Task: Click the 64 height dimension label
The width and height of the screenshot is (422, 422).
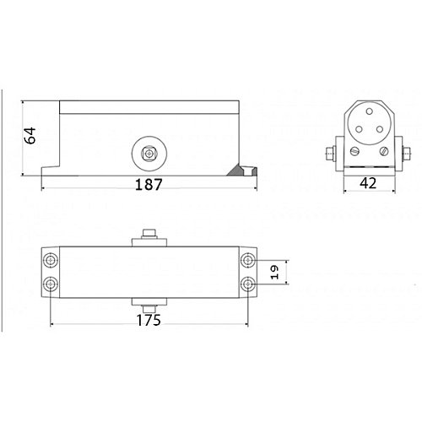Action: (x=30, y=135)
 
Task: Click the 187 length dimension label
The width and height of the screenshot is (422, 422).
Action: (x=149, y=185)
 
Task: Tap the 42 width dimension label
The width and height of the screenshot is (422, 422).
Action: (x=368, y=183)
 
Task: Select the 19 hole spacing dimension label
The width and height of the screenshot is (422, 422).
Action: (x=274, y=272)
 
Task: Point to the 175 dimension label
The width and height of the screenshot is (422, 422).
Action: (x=149, y=320)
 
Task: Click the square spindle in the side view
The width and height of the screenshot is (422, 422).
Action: (x=149, y=154)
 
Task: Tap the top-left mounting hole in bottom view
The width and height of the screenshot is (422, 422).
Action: (x=51, y=260)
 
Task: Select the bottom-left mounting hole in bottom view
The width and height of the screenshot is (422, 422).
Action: (x=51, y=284)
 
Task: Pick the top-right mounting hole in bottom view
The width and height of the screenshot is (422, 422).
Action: (x=248, y=260)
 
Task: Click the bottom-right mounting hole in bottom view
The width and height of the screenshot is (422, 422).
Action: (x=248, y=284)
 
